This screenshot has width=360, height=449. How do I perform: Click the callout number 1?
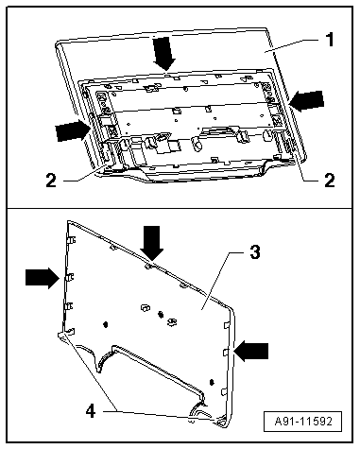pos(330,40)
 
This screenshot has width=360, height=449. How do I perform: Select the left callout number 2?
pos(51,181)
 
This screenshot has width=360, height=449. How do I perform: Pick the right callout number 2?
pos(330,181)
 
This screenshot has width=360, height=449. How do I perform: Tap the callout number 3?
pos(255,252)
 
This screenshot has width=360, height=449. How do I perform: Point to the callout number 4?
pos(91,411)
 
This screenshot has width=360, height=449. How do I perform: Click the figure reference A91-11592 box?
pos(302,421)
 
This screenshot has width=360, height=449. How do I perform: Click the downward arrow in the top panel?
pos(164,54)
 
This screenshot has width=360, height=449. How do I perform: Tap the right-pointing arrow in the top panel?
pos(72,131)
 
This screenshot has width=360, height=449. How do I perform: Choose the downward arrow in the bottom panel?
pos(152,243)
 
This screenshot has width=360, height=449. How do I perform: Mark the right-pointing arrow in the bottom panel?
pos(43,278)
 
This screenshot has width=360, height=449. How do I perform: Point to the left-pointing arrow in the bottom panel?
pos(251,351)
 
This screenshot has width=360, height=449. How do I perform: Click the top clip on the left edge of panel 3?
pos(71,240)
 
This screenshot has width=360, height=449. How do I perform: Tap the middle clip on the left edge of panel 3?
pos(70,277)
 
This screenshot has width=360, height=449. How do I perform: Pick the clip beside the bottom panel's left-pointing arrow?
pos(226,353)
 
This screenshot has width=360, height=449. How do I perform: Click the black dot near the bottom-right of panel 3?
pos(212,382)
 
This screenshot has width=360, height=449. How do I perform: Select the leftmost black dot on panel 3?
pos(106,324)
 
